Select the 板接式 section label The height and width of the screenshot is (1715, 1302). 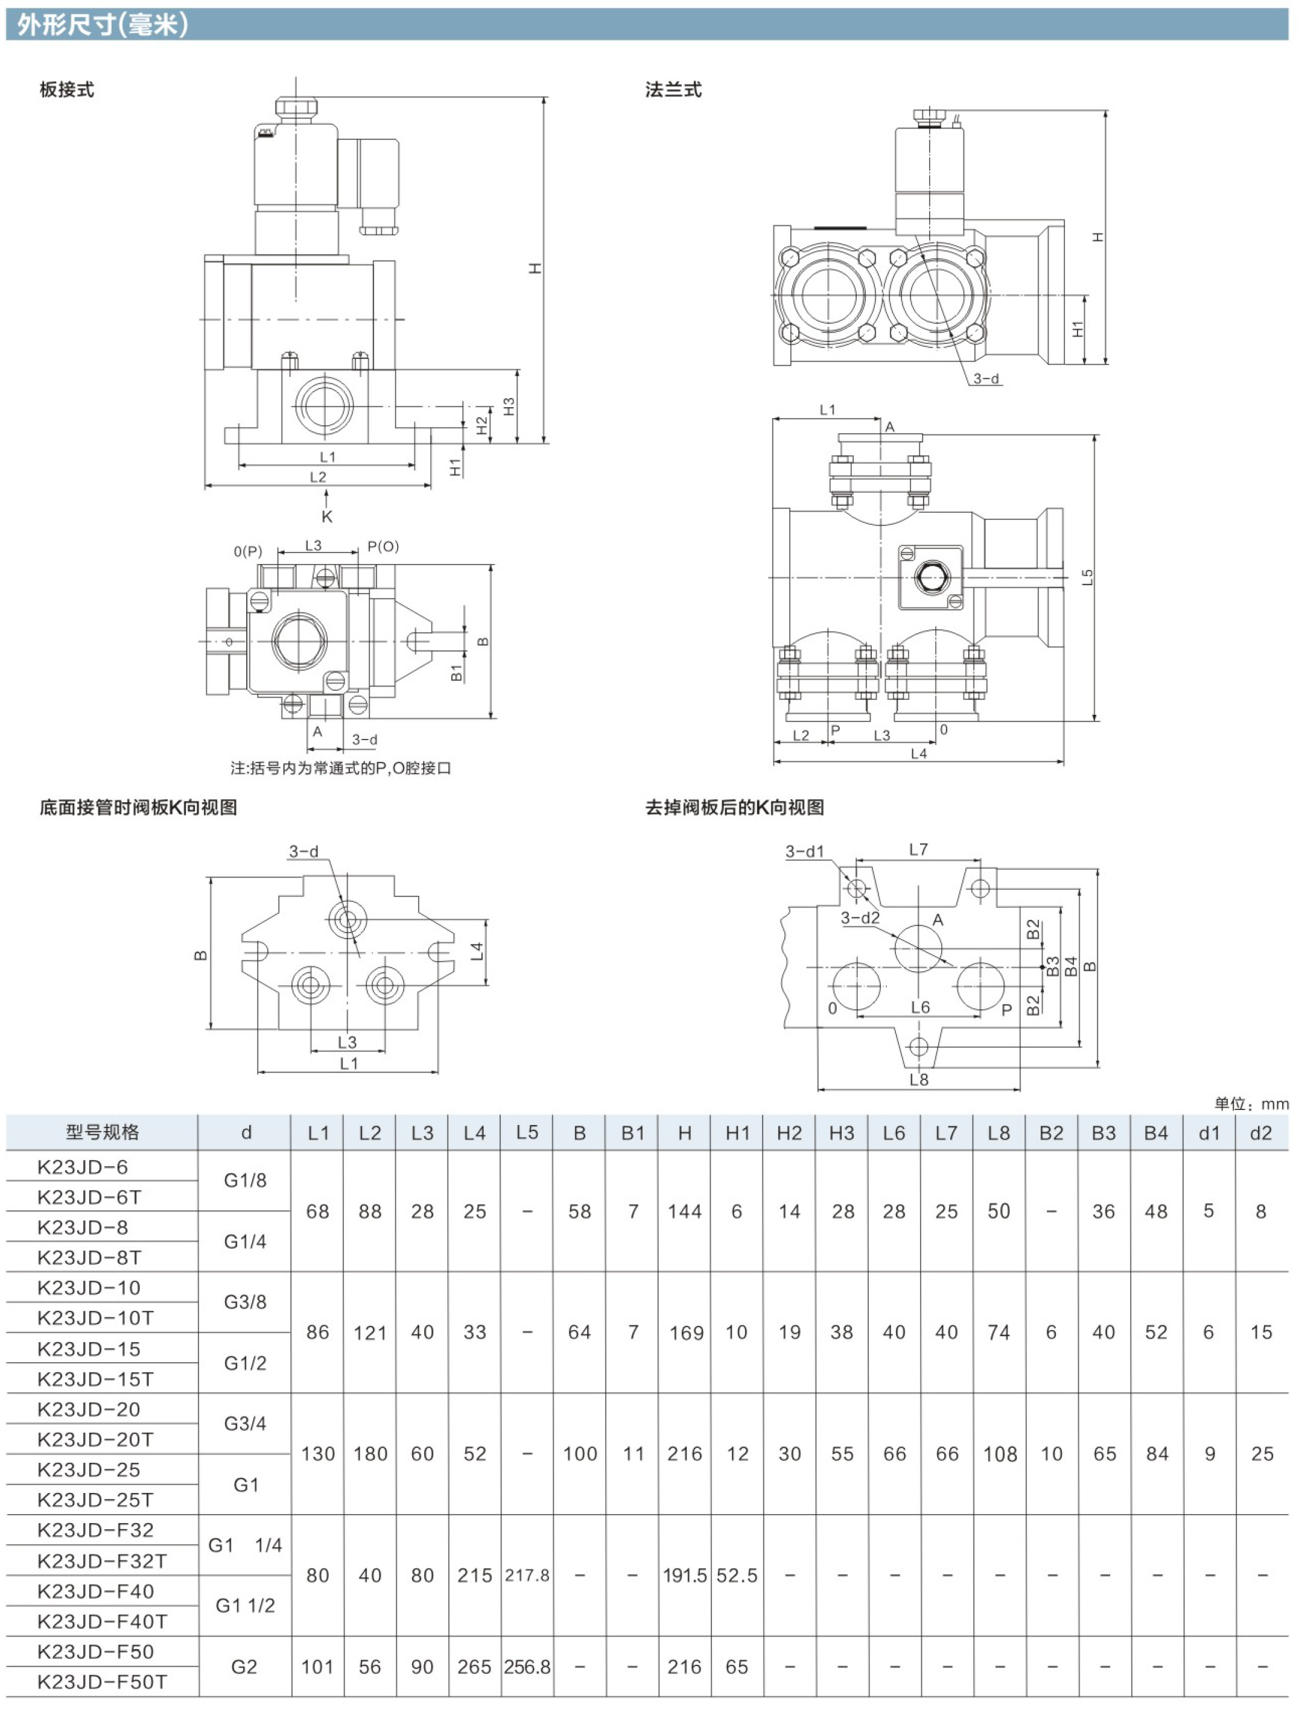coord(67,90)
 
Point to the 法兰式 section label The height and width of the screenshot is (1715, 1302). coord(673,90)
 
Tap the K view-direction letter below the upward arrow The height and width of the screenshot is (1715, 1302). coord(326,516)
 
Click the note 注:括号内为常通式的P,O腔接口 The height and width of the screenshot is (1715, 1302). coord(340,767)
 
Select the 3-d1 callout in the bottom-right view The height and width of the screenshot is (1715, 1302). coord(804,851)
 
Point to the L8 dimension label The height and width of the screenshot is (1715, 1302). coord(919,1079)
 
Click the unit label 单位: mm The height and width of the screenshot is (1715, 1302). coord(1251,1103)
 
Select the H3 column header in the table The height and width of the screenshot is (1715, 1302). coord(842,1133)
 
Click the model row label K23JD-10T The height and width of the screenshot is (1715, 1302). coord(95,1317)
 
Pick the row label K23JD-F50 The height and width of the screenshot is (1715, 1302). coord(95,1652)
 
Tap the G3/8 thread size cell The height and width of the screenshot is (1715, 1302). coord(245,1302)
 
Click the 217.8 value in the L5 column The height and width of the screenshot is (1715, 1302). coord(527,1576)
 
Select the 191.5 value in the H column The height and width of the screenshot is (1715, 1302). coord(685,1576)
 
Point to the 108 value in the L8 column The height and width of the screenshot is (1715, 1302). coord(1000,1454)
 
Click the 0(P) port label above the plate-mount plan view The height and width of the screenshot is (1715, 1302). coord(248,551)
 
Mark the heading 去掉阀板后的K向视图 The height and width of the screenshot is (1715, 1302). coord(734,807)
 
